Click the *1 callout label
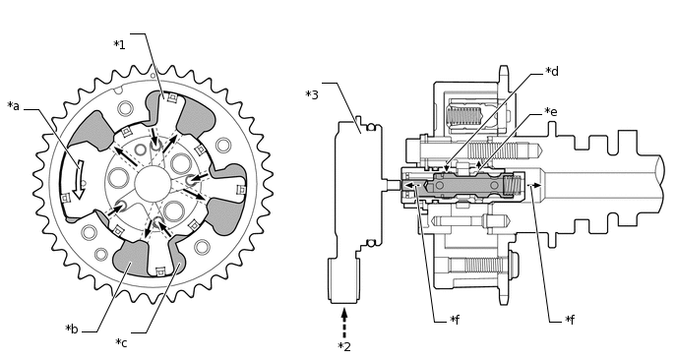(119, 44)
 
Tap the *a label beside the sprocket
(14, 106)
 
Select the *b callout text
(72, 330)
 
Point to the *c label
(121, 343)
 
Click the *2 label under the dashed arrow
(344, 346)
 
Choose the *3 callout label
(312, 94)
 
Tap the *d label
(552, 71)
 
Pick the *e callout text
(551, 112)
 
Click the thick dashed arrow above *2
(344, 323)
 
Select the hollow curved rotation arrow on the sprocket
(79, 179)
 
